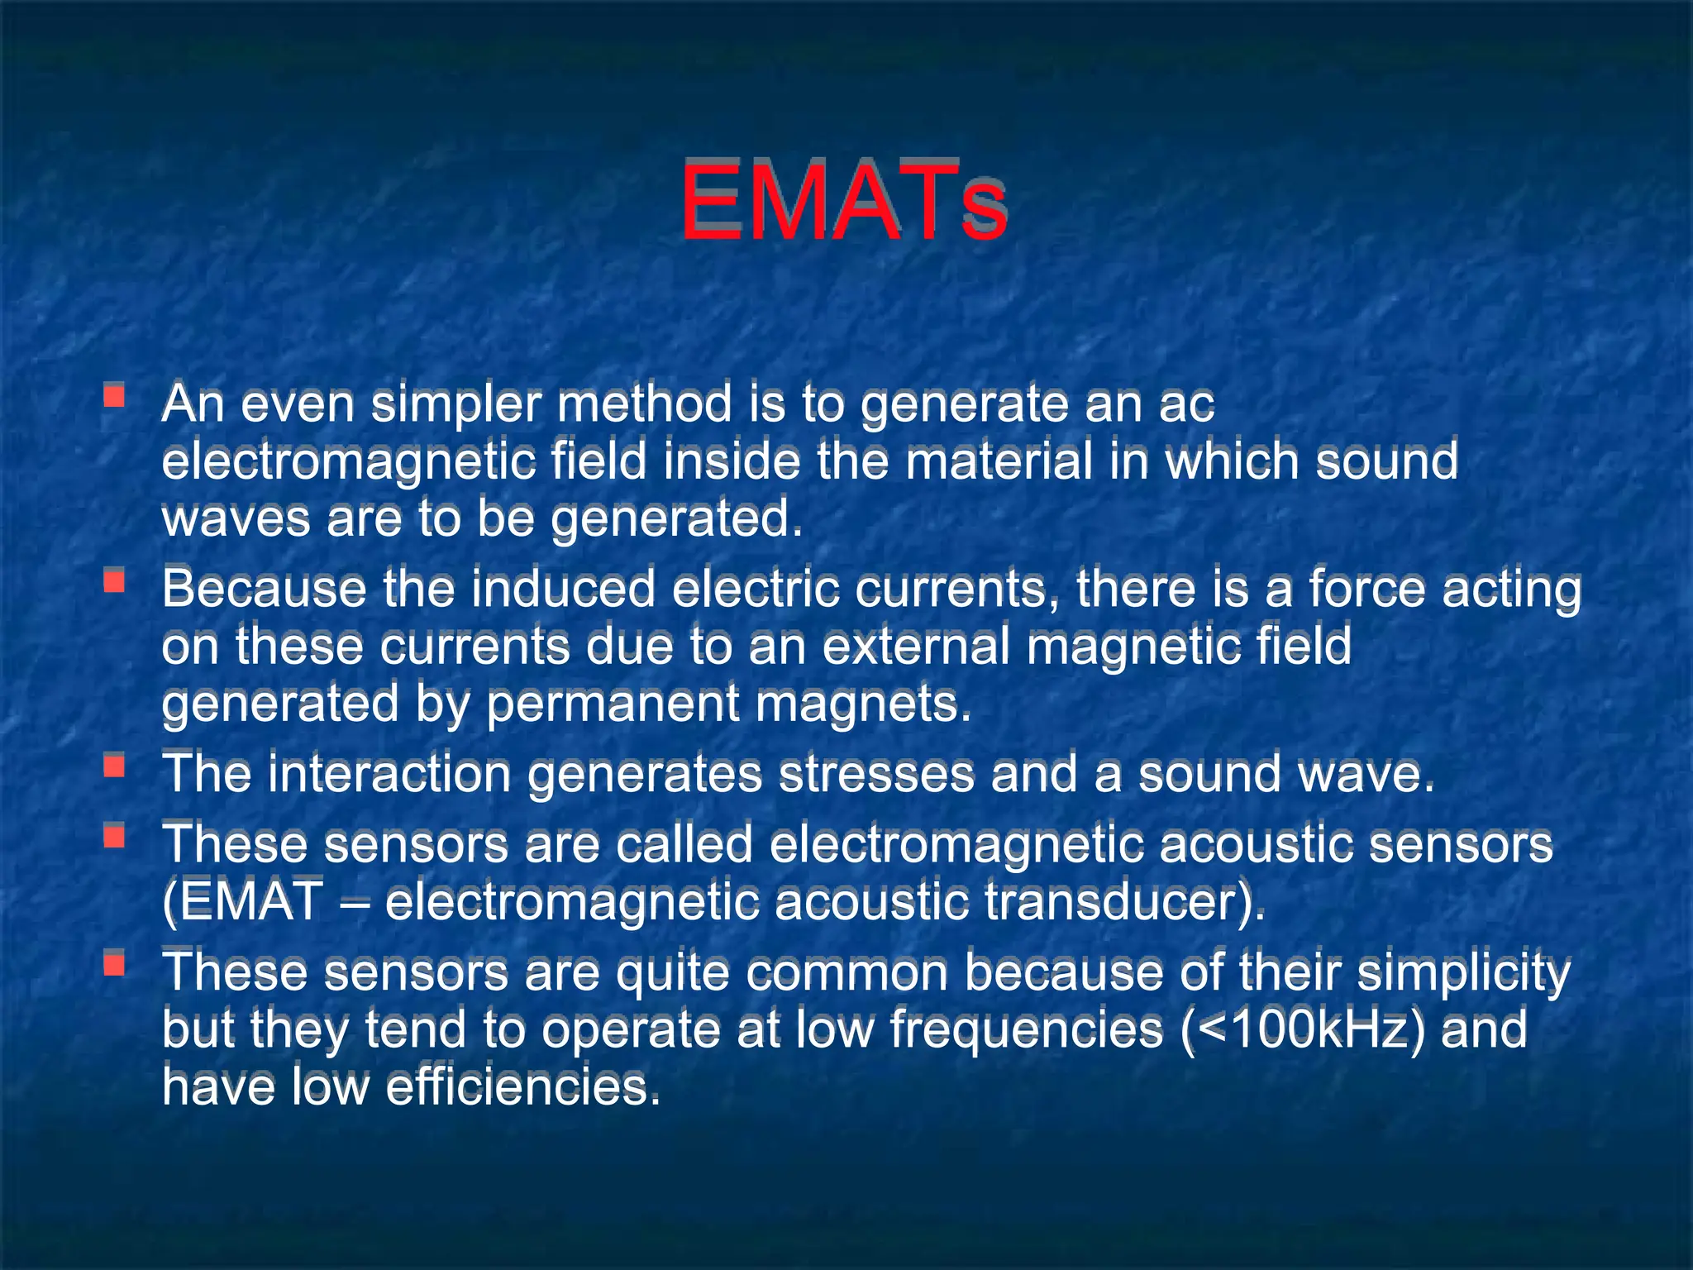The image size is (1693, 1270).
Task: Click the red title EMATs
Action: coord(843,203)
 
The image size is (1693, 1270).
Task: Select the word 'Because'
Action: coord(264,590)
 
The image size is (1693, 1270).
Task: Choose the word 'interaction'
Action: coord(389,775)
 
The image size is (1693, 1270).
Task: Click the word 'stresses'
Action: coord(876,775)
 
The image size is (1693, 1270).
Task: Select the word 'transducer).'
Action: coord(1124,902)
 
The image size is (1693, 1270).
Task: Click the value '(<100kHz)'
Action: coord(1303,1030)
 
